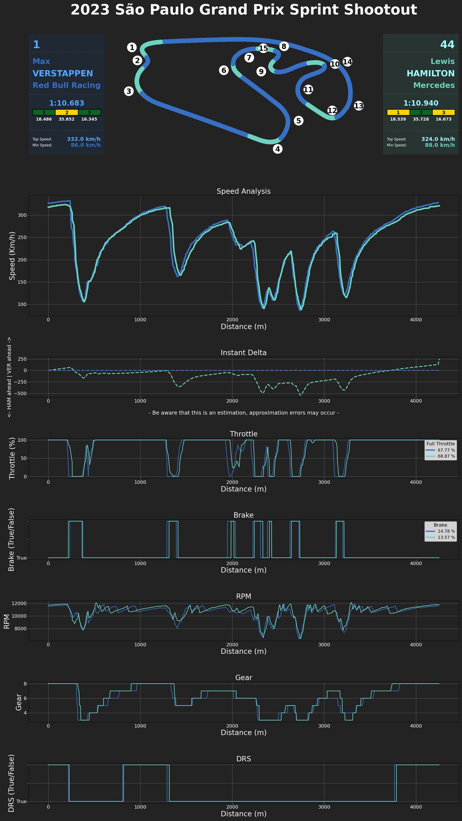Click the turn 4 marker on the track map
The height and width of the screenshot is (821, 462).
[x=278, y=149]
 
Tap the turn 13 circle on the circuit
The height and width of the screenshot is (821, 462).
[x=359, y=106]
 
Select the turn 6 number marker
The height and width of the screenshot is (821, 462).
[x=224, y=71]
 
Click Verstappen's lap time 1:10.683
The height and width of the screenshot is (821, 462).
[x=67, y=103]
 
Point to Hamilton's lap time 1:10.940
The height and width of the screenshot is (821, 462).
[x=421, y=103]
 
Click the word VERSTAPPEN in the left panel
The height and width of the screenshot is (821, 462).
[x=63, y=74]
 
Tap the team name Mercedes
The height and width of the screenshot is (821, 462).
[x=434, y=85]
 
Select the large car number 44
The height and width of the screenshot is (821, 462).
[x=447, y=44]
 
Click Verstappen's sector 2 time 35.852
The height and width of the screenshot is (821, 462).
[x=67, y=119]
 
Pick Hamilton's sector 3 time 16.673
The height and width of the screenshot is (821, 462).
[x=444, y=119]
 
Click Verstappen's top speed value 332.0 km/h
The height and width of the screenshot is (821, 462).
[x=84, y=139]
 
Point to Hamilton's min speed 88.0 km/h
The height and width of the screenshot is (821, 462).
[x=440, y=145]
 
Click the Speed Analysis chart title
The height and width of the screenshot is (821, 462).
[x=243, y=191]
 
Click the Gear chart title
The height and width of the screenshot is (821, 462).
[x=243, y=677]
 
